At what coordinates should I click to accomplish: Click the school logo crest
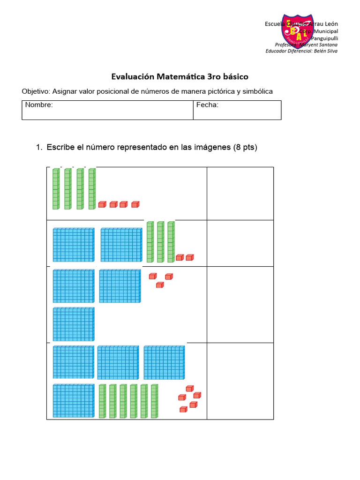click(x=297, y=31)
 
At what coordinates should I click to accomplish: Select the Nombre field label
click(x=39, y=105)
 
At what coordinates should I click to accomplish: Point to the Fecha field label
click(x=207, y=105)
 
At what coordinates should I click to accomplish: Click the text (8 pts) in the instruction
click(x=245, y=148)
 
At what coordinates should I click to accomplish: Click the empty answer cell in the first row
click(x=240, y=193)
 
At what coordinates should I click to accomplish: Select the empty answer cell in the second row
click(x=240, y=243)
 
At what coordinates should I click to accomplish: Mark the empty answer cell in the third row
click(x=240, y=304)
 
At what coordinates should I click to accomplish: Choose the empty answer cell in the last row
click(x=240, y=381)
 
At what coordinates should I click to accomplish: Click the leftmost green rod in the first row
click(x=56, y=189)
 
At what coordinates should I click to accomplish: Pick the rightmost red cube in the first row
click(x=135, y=204)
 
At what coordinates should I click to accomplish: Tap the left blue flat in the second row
click(x=74, y=245)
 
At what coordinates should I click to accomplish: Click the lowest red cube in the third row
click(x=160, y=285)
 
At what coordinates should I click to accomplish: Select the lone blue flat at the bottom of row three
click(x=74, y=324)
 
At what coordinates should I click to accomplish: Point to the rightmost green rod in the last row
click(x=154, y=401)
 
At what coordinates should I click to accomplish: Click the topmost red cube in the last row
click(x=189, y=389)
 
